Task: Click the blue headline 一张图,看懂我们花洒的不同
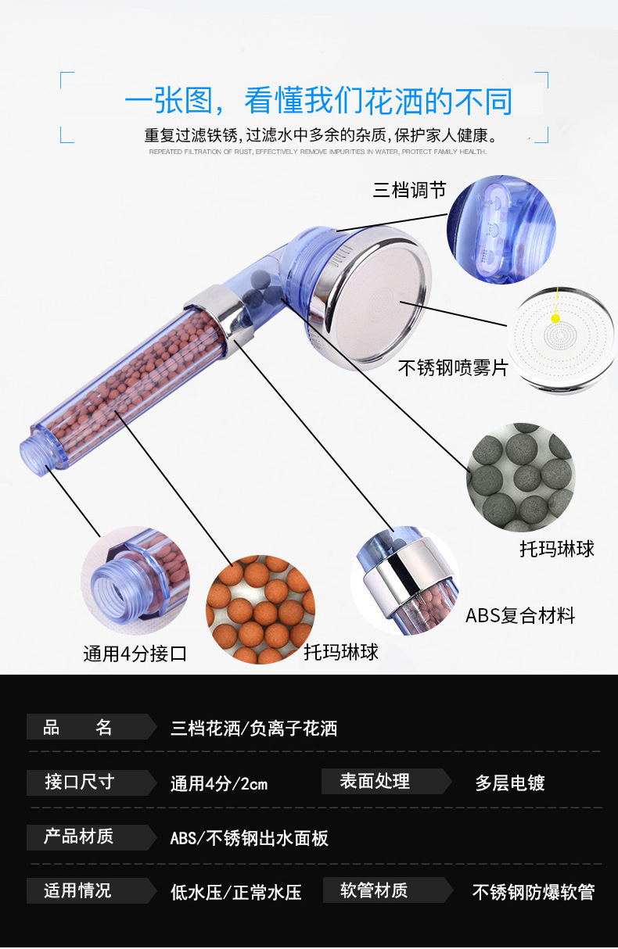[x=318, y=101]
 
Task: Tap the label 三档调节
[x=409, y=190]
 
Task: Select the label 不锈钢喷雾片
[x=453, y=367]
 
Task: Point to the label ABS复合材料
[x=520, y=615]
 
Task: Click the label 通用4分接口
[x=135, y=654]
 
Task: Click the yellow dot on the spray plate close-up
[x=555, y=318]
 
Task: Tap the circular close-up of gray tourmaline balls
[x=521, y=477]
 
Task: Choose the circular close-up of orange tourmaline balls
[x=260, y=609]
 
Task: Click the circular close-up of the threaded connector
[x=135, y=580]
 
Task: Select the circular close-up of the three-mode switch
[x=501, y=229]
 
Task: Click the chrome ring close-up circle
[x=405, y=580]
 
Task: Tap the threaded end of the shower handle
[x=34, y=451]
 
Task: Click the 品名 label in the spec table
[x=77, y=727]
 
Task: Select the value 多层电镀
[x=509, y=782]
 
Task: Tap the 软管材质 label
[x=373, y=890]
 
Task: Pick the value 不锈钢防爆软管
[x=534, y=892]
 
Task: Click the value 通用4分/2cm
[x=219, y=784]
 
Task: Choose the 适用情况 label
[x=77, y=890]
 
